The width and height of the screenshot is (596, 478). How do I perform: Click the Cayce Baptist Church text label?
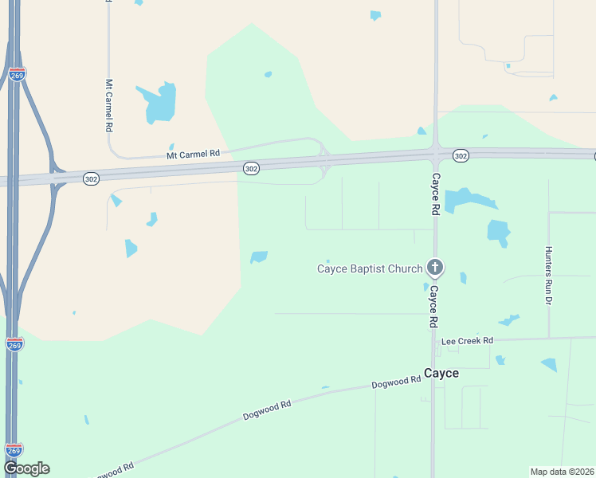[x=370, y=268]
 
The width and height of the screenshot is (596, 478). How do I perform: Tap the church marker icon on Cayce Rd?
[x=435, y=268]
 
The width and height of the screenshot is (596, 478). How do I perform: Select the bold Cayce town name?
[x=441, y=373]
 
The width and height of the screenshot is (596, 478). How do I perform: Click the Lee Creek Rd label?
[x=468, y=341]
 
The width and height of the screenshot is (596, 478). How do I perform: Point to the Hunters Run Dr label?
[x=548, y=275]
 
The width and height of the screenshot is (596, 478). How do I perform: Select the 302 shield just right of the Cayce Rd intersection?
[x=461, y=155]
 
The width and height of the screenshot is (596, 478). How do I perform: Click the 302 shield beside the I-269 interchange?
[x=91, y=180]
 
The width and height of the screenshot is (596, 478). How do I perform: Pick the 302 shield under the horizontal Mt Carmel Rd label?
[x=251, y=168]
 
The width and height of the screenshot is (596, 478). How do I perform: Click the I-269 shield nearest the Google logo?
[x=14, y=450]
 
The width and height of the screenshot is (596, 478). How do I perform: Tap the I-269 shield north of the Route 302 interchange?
[x=17, y=74]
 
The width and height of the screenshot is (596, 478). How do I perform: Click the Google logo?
[x=26, y=468]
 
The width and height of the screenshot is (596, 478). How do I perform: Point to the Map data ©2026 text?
[x=563, y=471]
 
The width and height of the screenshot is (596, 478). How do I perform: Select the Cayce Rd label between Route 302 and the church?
[x=435, y=194]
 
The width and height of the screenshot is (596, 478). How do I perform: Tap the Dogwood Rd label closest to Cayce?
[x=395, y=383]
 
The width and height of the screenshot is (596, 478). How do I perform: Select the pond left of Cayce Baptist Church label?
[x=259, y=257]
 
